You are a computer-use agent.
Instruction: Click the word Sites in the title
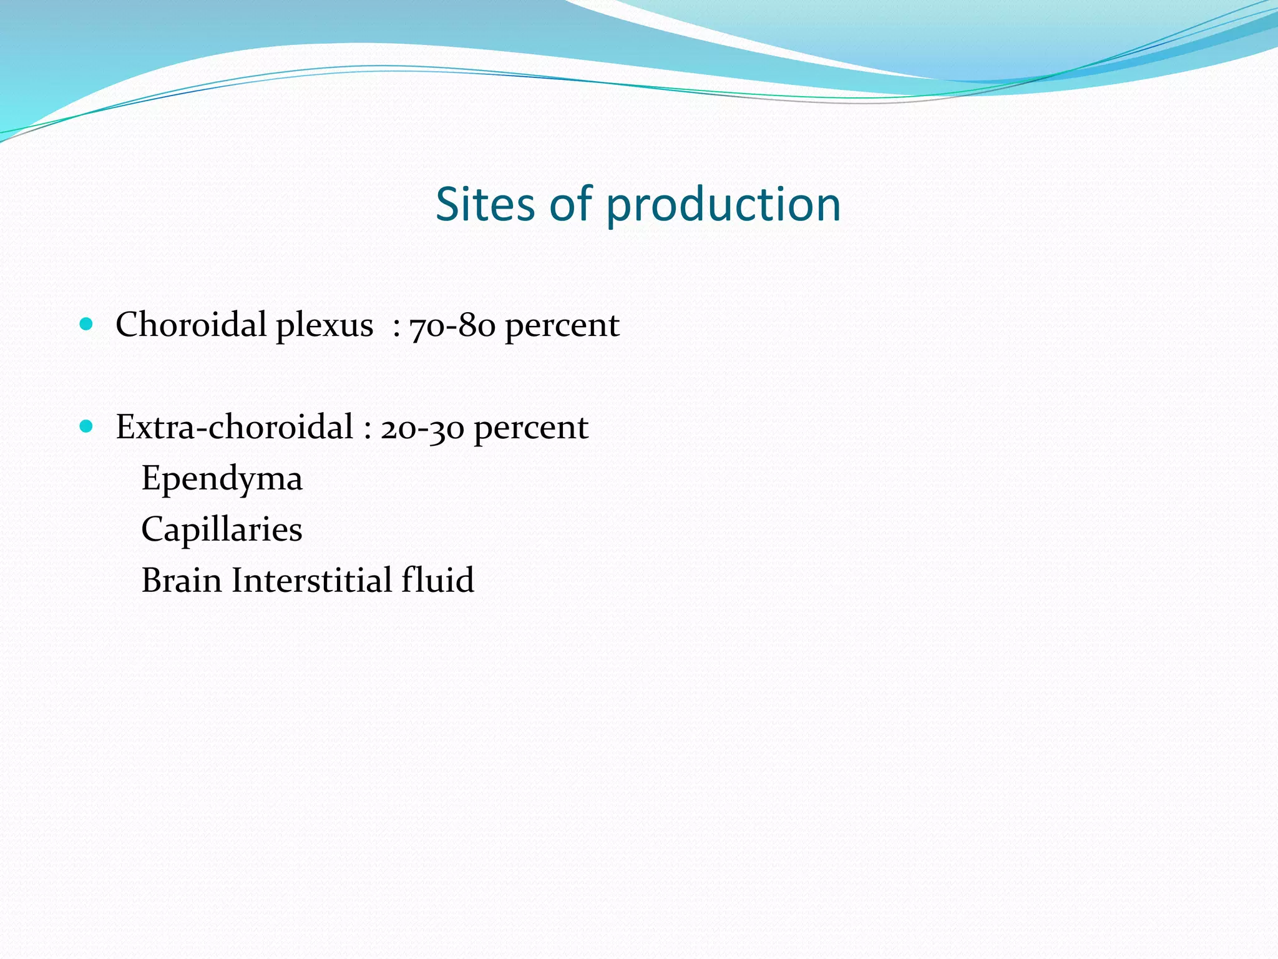485,204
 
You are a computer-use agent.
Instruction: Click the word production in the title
723,205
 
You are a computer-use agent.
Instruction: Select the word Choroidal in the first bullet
191,325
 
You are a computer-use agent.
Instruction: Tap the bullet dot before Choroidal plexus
87,324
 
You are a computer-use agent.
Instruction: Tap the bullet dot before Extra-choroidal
87,426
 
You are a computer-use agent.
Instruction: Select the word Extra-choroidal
235,427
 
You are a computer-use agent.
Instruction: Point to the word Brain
182,580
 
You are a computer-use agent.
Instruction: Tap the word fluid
437,580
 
